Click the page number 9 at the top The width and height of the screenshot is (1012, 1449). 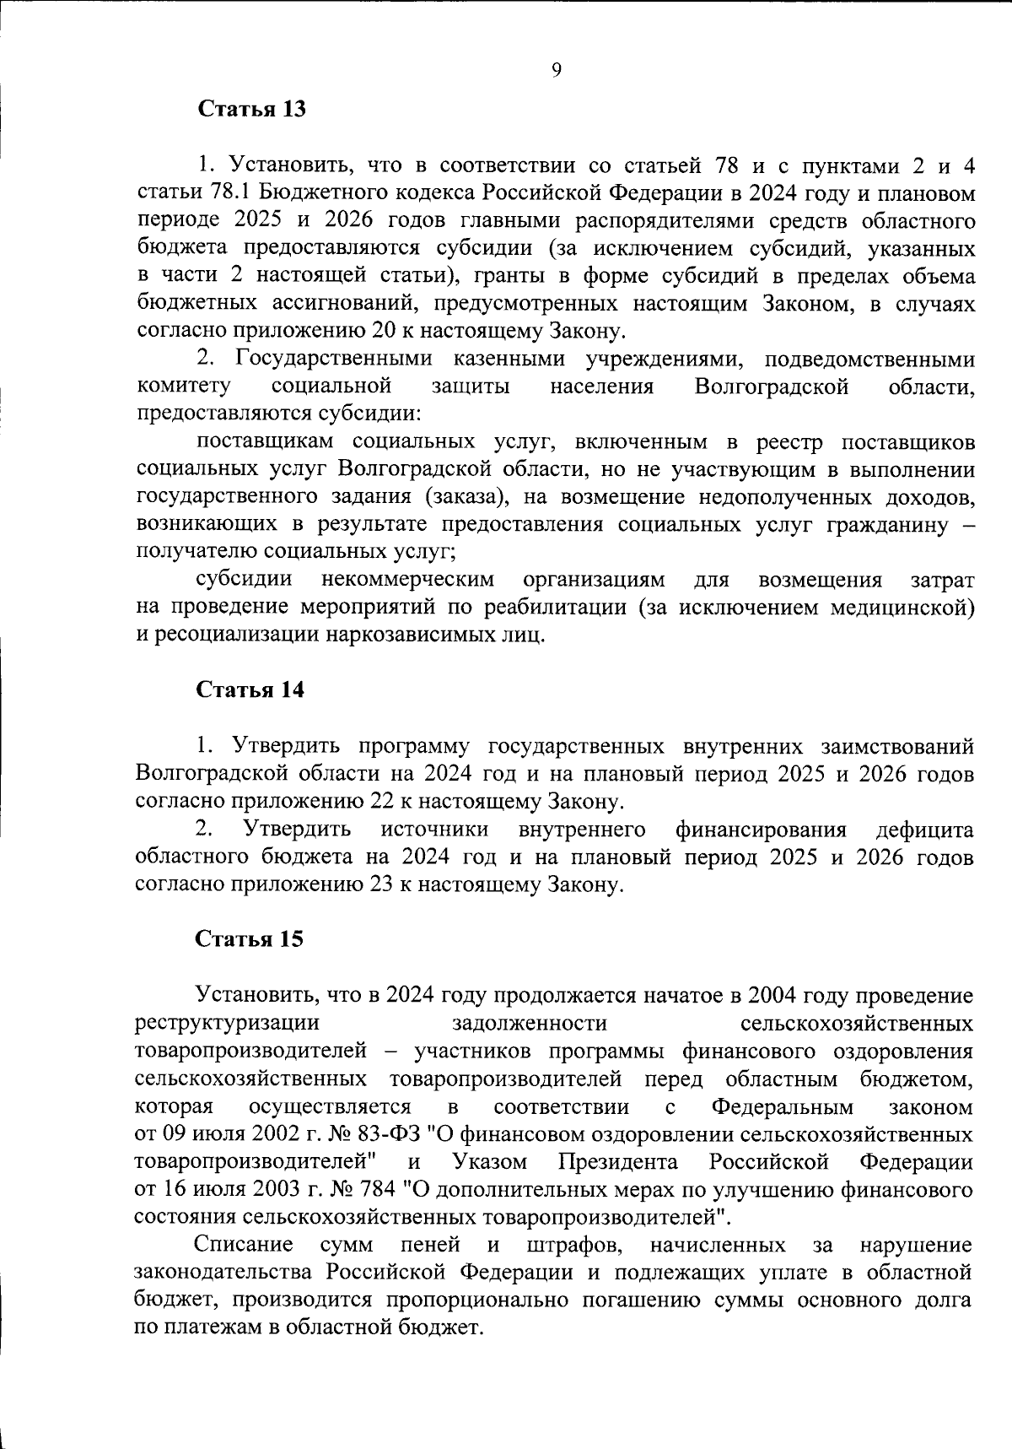coord(556,71)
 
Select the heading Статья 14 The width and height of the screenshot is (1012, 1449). coord(250,689)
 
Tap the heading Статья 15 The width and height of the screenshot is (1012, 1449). coord(250,939)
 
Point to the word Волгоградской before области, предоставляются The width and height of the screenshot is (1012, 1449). coord(772,387)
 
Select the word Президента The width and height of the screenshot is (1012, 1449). coord(618,1162)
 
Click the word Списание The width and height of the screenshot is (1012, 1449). coord(244,1246)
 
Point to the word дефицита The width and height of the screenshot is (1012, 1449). coord(924,830)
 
